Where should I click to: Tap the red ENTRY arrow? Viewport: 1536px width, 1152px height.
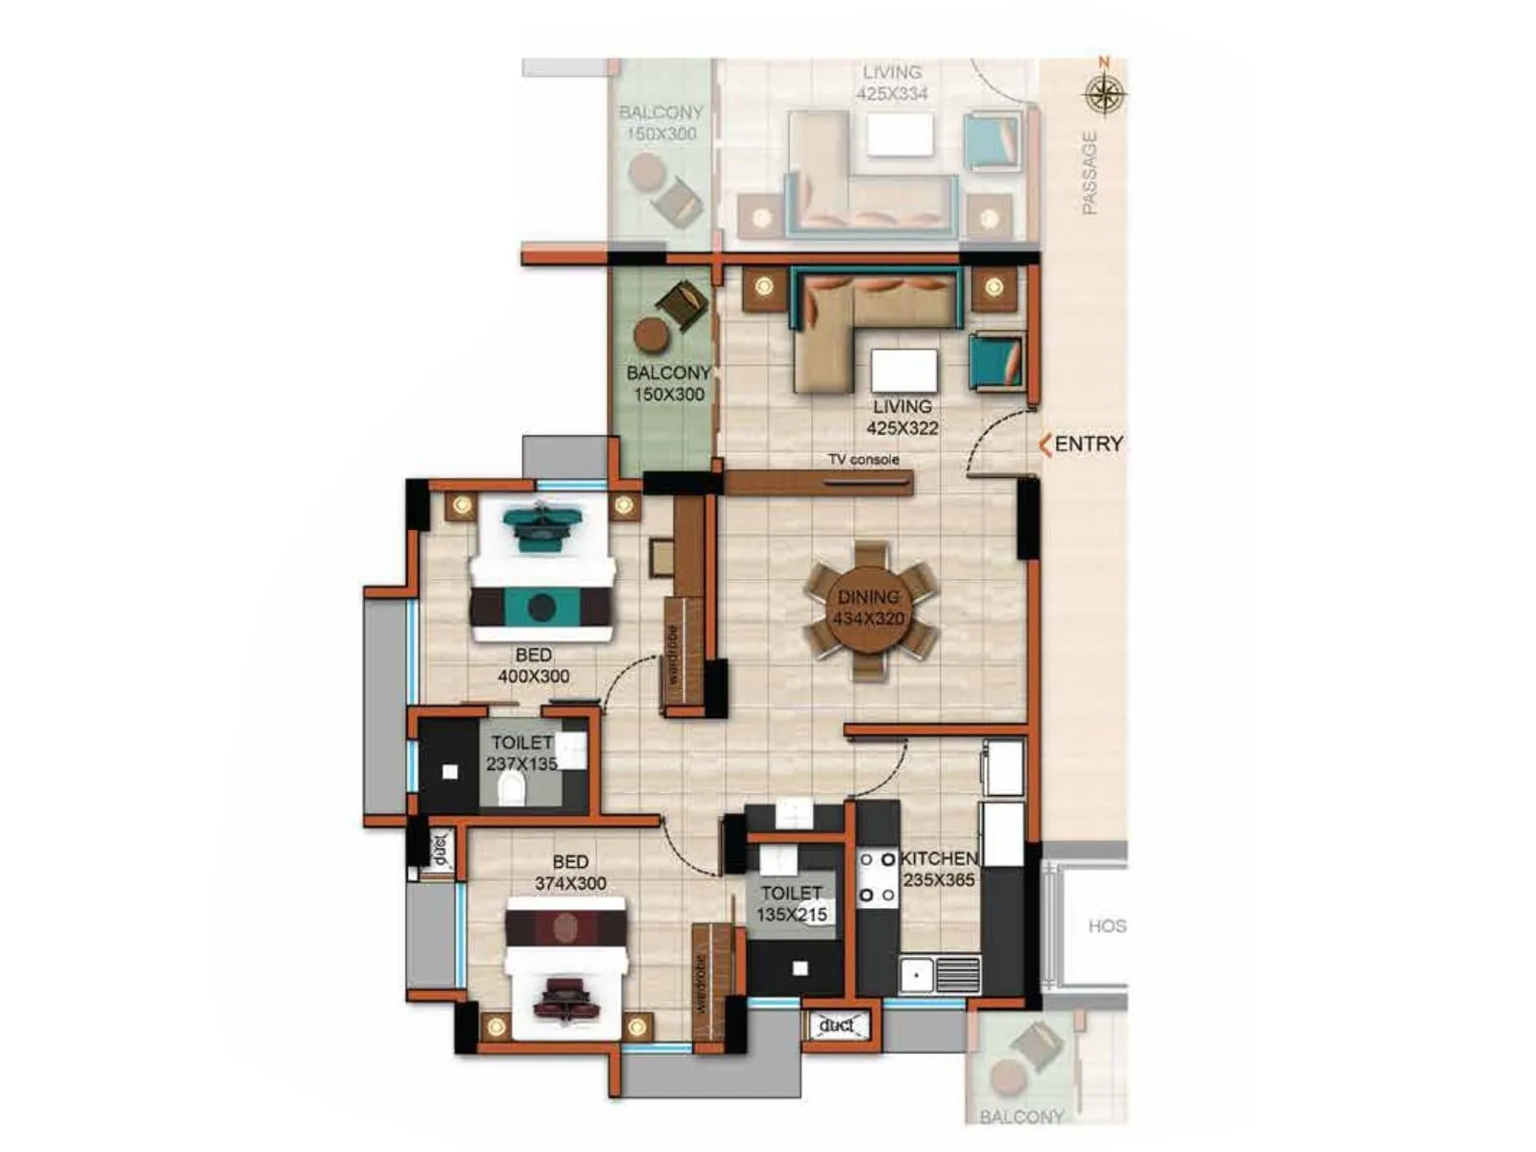(1045, 444)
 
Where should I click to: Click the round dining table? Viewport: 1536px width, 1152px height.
(868, 610)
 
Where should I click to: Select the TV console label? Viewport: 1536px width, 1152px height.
(864, 460)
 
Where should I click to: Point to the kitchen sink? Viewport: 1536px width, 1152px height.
(917, 974)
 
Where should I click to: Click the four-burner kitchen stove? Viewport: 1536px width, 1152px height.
(877, 876)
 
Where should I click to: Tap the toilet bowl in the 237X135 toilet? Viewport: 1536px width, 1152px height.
(512, 789)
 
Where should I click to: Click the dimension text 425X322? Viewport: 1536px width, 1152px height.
(902, 428)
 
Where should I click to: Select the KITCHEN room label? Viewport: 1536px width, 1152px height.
(939, 858)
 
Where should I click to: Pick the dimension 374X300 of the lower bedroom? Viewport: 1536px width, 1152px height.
(570, 883)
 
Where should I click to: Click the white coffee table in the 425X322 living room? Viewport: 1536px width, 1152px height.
(903, 370)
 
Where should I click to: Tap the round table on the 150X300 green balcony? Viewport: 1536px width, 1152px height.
(652, 335)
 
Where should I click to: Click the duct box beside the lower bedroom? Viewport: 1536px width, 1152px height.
(439, 849)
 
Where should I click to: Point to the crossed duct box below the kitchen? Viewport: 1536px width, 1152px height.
(836, 1025)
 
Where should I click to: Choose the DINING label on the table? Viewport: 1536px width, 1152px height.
(868, 597)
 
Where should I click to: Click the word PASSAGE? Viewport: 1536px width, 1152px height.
(1089, 173)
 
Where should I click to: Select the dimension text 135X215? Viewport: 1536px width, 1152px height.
(791, 915)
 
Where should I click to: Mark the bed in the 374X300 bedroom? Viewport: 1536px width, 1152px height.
(566, 970)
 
